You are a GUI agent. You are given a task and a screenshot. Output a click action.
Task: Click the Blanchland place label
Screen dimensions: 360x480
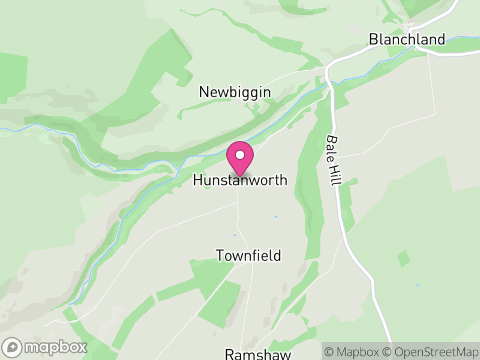point(407,40)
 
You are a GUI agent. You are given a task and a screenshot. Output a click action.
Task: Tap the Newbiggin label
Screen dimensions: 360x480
point(235,92)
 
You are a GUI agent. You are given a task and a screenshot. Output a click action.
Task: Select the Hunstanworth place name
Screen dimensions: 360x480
point(240,180)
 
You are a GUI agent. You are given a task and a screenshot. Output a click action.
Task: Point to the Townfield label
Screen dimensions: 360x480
point(248,256)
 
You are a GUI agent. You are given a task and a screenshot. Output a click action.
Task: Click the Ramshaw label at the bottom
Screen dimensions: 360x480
point(257,354)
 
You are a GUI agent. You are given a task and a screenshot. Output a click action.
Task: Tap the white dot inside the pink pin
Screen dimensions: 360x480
point(240,155)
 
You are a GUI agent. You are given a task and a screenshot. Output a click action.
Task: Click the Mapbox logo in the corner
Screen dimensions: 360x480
point(45,347)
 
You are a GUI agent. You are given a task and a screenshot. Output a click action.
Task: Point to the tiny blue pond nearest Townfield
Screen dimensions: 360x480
point(235,235)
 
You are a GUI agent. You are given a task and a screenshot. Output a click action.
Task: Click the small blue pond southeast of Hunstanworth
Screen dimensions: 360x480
point(275,217)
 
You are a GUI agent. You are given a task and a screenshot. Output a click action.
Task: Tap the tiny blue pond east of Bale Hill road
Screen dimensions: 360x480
point(417,285)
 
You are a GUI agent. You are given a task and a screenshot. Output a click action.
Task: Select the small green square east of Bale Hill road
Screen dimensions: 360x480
point(404,259)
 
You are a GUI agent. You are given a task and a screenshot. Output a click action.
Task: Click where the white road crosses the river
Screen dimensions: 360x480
point(328,82)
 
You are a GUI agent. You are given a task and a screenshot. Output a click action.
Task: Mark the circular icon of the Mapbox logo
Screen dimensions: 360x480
point(12,347)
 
